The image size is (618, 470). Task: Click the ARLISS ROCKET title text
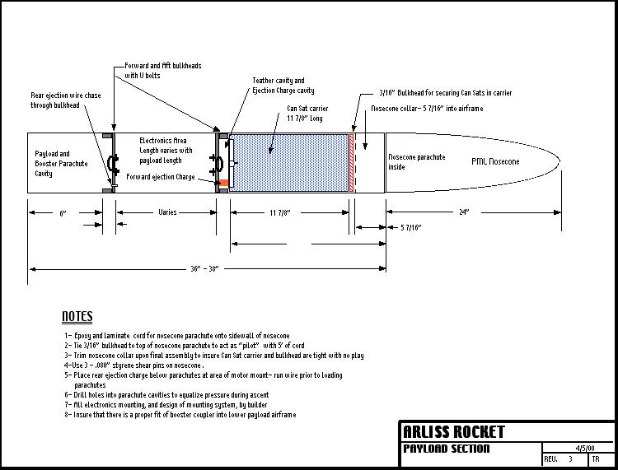tap(453, 432)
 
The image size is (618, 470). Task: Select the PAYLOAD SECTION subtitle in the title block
tap(446, 449)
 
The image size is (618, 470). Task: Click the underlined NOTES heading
tap(77, 317)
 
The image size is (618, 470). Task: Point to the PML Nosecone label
tap(495, 162)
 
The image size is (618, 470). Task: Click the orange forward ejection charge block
tap(222, 182)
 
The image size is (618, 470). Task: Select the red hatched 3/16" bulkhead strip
tap(353, 162)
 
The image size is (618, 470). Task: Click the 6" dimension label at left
tap(63, 212)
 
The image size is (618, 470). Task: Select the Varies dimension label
tap(167, 212)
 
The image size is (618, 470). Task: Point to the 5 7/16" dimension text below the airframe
tap(410, 227)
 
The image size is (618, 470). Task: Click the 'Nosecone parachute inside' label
tap(416, 162)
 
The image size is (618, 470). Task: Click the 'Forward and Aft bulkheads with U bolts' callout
tap(162, 70)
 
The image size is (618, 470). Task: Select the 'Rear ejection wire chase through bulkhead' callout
tap(64, 100)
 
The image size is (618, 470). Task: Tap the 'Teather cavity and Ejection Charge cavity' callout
tap(283, 86)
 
